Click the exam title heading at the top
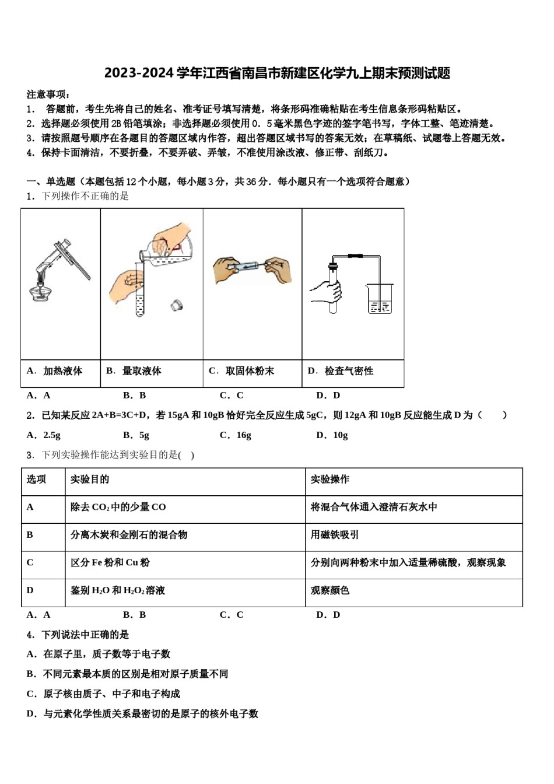(x=277, y=73)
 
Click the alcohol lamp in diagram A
(x=40, y=290)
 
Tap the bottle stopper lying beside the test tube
(x=177, y=304)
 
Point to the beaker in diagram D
(x=380, y=298)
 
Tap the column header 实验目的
(x=90, y=480)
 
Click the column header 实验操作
(x=330, y=480)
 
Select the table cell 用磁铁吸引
(x=335, y=535)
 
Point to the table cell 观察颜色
(x=330, y=590)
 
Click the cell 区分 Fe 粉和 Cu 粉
(x=110, y=563)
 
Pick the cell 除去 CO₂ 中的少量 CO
(x=118, y=508)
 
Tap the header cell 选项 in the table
(x=36, y=480)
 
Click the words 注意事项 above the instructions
(x=48, y=94)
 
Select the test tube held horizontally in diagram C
(x=242, y=267)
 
